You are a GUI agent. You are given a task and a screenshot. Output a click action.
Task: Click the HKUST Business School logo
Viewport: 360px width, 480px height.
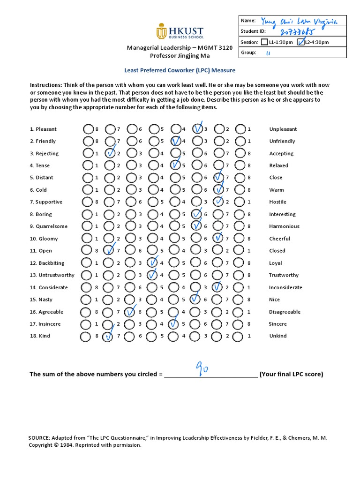[x=180, y=32]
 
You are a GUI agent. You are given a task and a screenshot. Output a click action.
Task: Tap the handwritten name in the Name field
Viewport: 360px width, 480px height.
[x=295, y=21]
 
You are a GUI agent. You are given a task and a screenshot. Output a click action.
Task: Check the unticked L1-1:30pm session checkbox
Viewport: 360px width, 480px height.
[x=265, y=42]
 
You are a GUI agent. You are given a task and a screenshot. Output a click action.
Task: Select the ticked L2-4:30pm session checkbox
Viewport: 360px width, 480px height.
[x=300, y=42]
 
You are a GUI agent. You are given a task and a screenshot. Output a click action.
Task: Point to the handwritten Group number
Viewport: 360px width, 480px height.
[x=269, y=53]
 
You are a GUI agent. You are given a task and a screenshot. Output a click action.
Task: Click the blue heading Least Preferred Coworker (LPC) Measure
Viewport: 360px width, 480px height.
[x=180, y=70]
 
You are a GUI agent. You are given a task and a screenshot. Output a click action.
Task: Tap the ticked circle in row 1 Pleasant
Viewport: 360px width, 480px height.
[x=198, y=129]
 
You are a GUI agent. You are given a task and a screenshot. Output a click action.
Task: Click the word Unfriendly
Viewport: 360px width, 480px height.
[x=282, y=141]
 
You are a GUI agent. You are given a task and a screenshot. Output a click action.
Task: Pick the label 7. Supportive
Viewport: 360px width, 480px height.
[x=46, y=202]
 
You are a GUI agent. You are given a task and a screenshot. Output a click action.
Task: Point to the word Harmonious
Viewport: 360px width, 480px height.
[x=284, y=226]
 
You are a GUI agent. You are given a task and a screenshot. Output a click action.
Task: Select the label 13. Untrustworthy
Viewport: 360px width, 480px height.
[x=52, y=275]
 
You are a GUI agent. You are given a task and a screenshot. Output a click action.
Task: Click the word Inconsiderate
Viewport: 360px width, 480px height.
[x=285, y=287]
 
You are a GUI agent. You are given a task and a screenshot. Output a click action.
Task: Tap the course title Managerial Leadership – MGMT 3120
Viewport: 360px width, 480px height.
[x=180, y=48]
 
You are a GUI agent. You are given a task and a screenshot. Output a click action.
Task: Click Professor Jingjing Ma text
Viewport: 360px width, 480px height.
[x=180, y=55]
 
